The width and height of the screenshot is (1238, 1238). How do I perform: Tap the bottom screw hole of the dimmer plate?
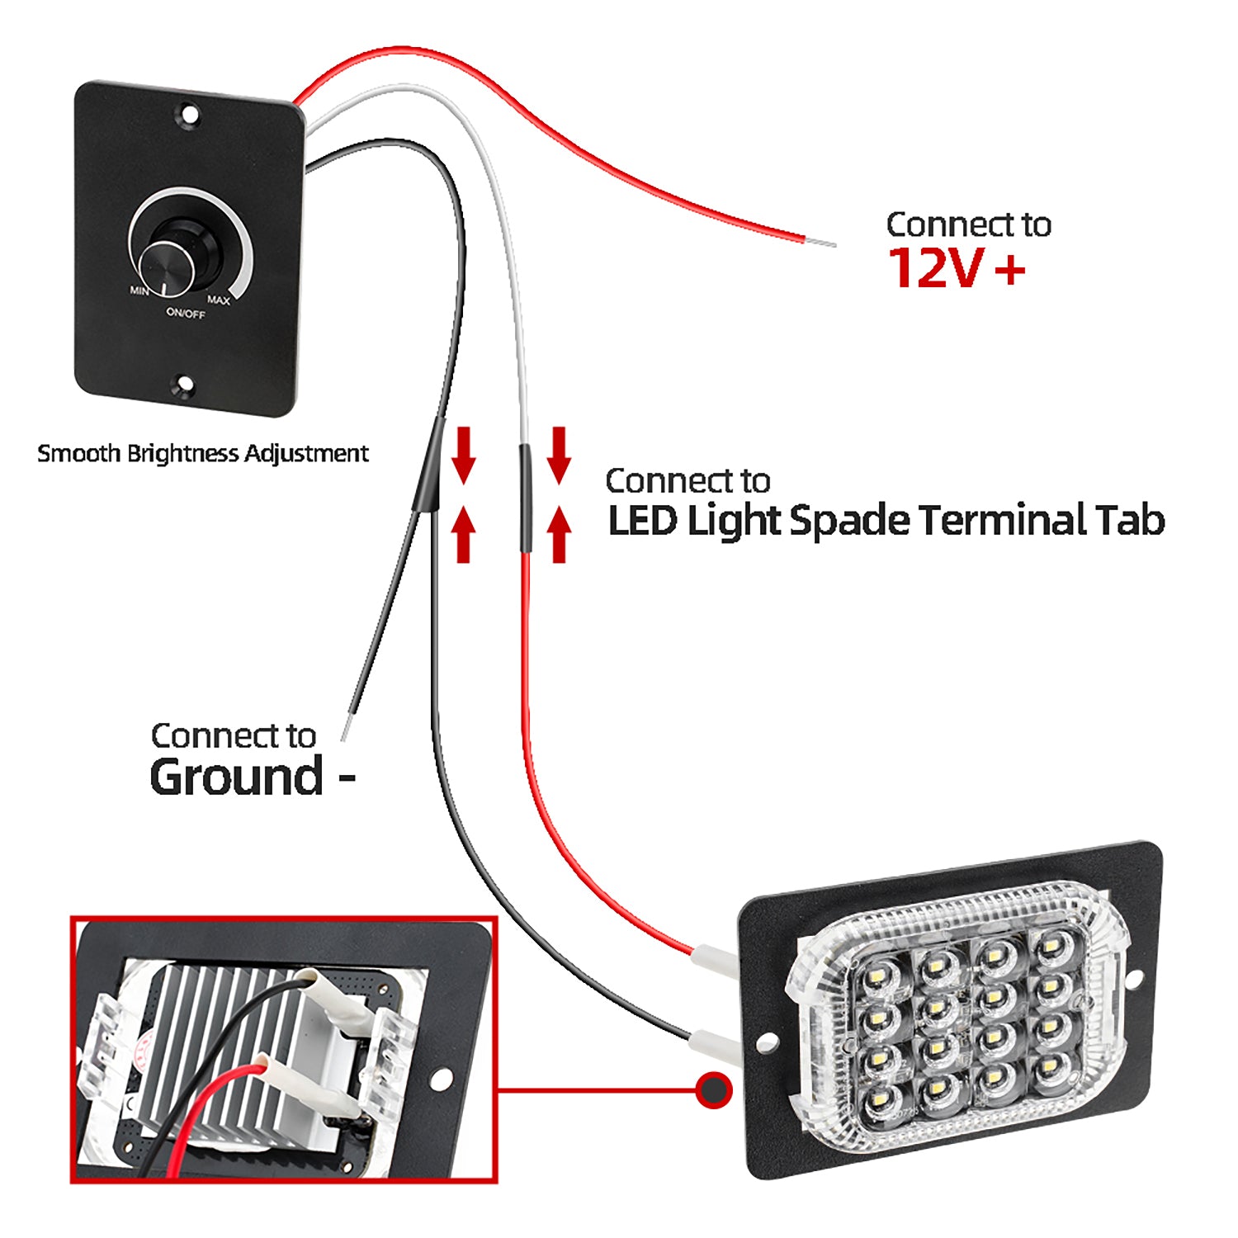(184, 383)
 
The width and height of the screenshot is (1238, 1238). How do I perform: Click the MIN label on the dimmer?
(139, 291)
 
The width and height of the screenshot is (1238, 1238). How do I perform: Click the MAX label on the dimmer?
(218, 300)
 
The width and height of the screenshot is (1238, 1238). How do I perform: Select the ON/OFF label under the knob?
(186, 313)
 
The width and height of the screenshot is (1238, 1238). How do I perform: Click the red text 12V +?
(956, 268)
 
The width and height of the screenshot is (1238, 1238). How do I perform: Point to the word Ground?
(237, 777)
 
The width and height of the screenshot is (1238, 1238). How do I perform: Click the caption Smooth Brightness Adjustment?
(203, 453)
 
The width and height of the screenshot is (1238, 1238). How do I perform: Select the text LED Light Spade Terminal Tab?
(886, 520)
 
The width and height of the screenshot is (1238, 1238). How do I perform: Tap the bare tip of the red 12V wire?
(821, 243)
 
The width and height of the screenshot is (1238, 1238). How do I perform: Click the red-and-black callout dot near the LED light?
(712, 1090)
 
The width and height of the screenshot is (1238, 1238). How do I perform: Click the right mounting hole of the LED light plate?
(1133, 980)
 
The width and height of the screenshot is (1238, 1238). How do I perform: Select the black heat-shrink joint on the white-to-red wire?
(525, 499)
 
